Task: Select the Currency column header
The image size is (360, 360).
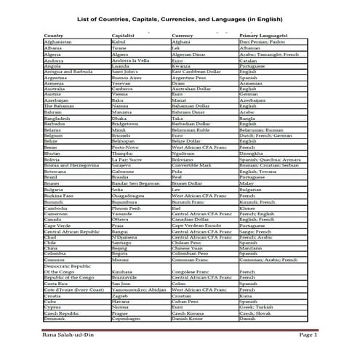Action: click(183, 35)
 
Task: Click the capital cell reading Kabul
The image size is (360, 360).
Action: click(119, 42)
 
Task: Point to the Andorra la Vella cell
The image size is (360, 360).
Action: click(131, 60)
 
